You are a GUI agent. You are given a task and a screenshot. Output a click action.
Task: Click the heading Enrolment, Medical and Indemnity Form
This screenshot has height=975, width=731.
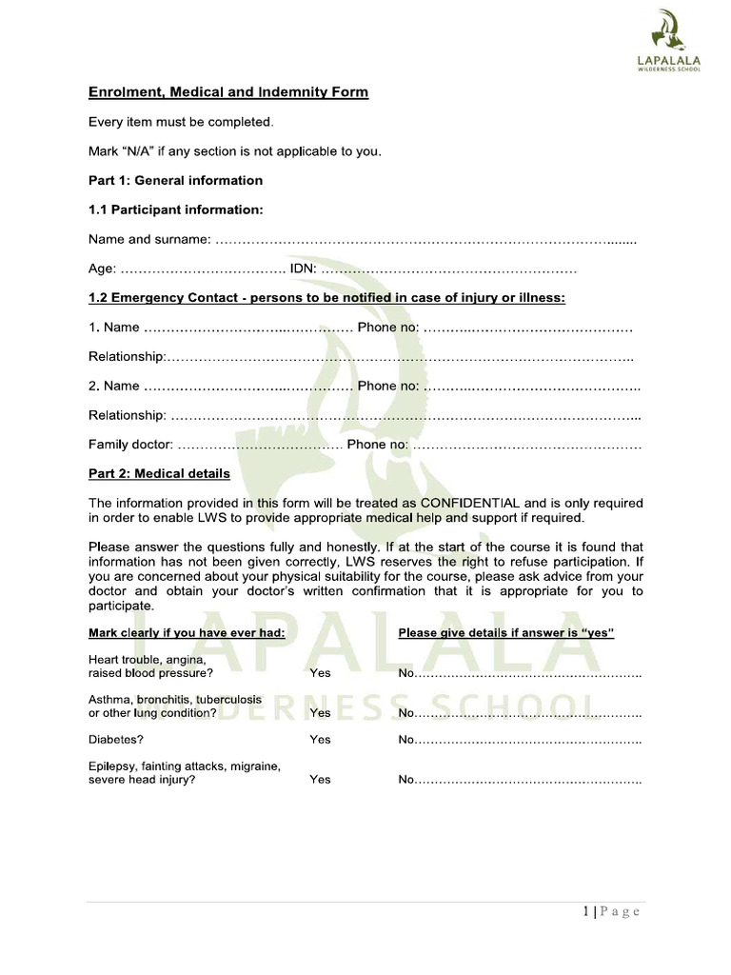click(x=228, y=92)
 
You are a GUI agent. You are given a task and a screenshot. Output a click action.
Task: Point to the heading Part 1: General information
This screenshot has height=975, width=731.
click(x=175, y=180)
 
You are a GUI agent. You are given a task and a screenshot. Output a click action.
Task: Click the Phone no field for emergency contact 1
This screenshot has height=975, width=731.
click(x=527, y=328)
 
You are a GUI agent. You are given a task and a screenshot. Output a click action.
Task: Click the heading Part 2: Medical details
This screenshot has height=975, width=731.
click(x=159, y=473)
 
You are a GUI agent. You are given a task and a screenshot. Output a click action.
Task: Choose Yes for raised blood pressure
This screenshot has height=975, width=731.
click(x=320, y=673)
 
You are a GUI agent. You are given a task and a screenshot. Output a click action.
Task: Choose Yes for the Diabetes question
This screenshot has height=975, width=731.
click(x=320, y=739)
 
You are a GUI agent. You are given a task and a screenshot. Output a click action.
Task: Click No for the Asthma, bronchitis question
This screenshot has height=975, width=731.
click(x=406, y=712)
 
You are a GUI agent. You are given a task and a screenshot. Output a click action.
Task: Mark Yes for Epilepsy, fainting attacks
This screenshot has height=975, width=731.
click(x=320, y=779)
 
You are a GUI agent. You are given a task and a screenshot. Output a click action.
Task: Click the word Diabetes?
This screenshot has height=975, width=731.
click(x=116, y=739)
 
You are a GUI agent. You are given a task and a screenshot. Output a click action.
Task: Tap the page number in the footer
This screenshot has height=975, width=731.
click(x=610, y=912)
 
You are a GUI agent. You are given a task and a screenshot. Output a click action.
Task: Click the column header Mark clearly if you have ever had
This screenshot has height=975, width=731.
click(x=187, y=633)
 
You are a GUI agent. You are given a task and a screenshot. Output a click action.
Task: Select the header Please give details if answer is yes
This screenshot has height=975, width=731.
click(x=505, y=633)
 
